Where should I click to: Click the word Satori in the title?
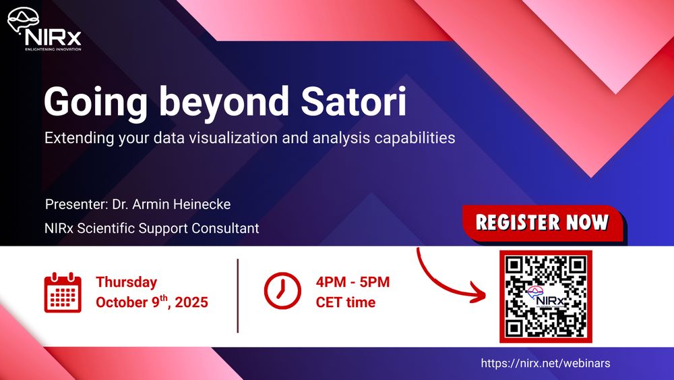[353, 101]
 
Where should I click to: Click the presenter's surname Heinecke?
[202, 204]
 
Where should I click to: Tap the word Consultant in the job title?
[225, 228]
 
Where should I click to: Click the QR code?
[545, 296]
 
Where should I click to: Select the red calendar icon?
[63, 292]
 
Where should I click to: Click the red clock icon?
[282, 290]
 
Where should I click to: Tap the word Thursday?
[127, 282]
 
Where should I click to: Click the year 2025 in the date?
[191, 302]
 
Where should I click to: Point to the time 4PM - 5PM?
[353, 282]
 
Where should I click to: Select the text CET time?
[346, 302]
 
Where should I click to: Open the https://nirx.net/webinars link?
[545, 363]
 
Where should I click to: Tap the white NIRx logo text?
[53, 38]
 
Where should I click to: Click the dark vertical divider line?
[238, 296]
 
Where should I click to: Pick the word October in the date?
[122, 302]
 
